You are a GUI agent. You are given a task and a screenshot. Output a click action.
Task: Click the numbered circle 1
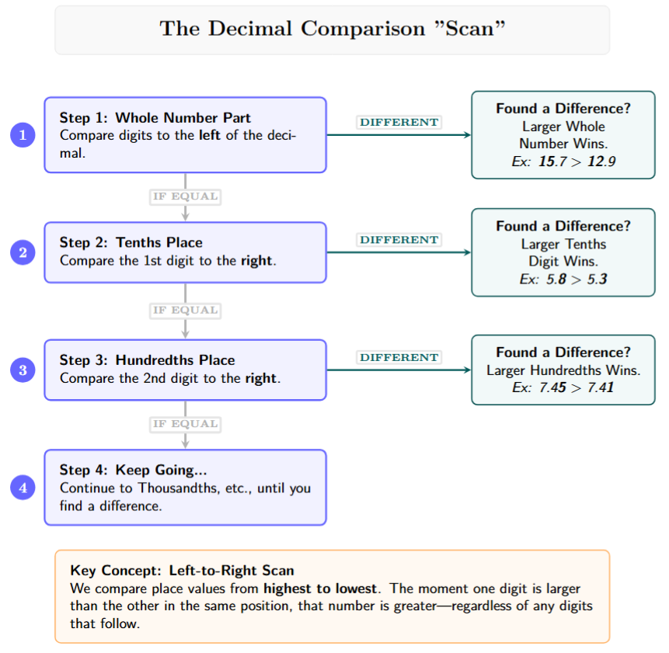click(x=23, y=135)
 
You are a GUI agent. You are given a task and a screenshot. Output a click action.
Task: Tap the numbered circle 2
click(x=23, y=252)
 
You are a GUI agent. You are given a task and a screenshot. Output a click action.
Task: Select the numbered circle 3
click(x=23, y=370)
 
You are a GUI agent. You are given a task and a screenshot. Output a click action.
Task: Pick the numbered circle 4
click(x=23, y=488)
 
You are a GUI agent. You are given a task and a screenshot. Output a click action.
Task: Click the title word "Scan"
click(x=469, y=29)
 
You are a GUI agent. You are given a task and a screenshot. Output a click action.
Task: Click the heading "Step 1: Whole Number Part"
click(x=155, y=118)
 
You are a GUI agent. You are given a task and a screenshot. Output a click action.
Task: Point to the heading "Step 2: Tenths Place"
click(x=131, y=242)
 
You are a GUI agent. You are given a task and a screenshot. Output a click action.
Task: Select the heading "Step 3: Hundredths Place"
click(x=147, y=360)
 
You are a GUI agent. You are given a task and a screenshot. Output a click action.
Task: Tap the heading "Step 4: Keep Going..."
click(x=133, y=471)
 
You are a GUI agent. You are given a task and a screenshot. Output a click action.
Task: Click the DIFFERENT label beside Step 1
click(x=399, y=122)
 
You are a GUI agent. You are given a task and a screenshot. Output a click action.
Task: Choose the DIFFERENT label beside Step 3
click(x=399, y=357)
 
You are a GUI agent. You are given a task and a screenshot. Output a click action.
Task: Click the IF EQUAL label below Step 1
click(x=185, y=196)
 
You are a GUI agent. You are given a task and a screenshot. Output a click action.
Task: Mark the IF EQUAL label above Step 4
click(x=185, y=424)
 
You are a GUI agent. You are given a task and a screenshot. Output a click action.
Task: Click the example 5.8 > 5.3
click(x=563, y=279)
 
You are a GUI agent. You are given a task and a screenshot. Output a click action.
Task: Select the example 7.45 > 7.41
click(x=563, y=387)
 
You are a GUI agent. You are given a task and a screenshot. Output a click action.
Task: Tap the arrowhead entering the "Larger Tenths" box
click(x=467, y=252)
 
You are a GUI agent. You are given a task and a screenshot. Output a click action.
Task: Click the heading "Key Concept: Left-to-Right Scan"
click(x=182, y=571)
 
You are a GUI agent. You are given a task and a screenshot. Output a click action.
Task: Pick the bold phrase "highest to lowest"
click(x=320, y=589)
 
